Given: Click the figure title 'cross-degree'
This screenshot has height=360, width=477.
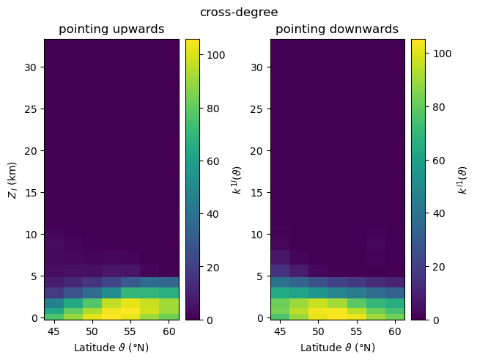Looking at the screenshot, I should pos(238,12).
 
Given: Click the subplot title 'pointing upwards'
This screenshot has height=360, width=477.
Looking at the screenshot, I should pos(111,29).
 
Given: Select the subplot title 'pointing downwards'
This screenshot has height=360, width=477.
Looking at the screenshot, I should pos(337,29).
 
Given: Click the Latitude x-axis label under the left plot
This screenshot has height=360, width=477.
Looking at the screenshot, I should pos(111,347).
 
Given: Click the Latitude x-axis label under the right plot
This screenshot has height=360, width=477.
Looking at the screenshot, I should pos(337,347).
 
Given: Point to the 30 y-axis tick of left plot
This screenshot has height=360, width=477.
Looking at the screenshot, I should pos(32,67).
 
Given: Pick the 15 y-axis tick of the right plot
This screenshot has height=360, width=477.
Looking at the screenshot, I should pos(259,193).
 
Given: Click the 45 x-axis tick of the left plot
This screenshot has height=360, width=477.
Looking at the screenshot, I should pos(54,331).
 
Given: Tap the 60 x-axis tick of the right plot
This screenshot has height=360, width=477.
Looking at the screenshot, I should pos(393,331).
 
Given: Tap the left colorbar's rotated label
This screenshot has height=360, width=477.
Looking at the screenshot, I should pos(237,179).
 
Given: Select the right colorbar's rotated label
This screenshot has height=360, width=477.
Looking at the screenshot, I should pos(463,179).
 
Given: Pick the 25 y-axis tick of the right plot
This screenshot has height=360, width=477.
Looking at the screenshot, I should pos(259,109).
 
